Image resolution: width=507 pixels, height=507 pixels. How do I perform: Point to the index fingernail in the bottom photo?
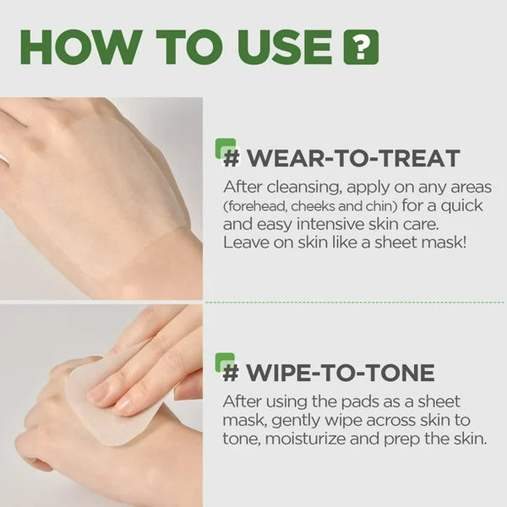(x=100, y=391)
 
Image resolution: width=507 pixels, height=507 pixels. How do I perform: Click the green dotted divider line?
(x=355, y=302)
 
